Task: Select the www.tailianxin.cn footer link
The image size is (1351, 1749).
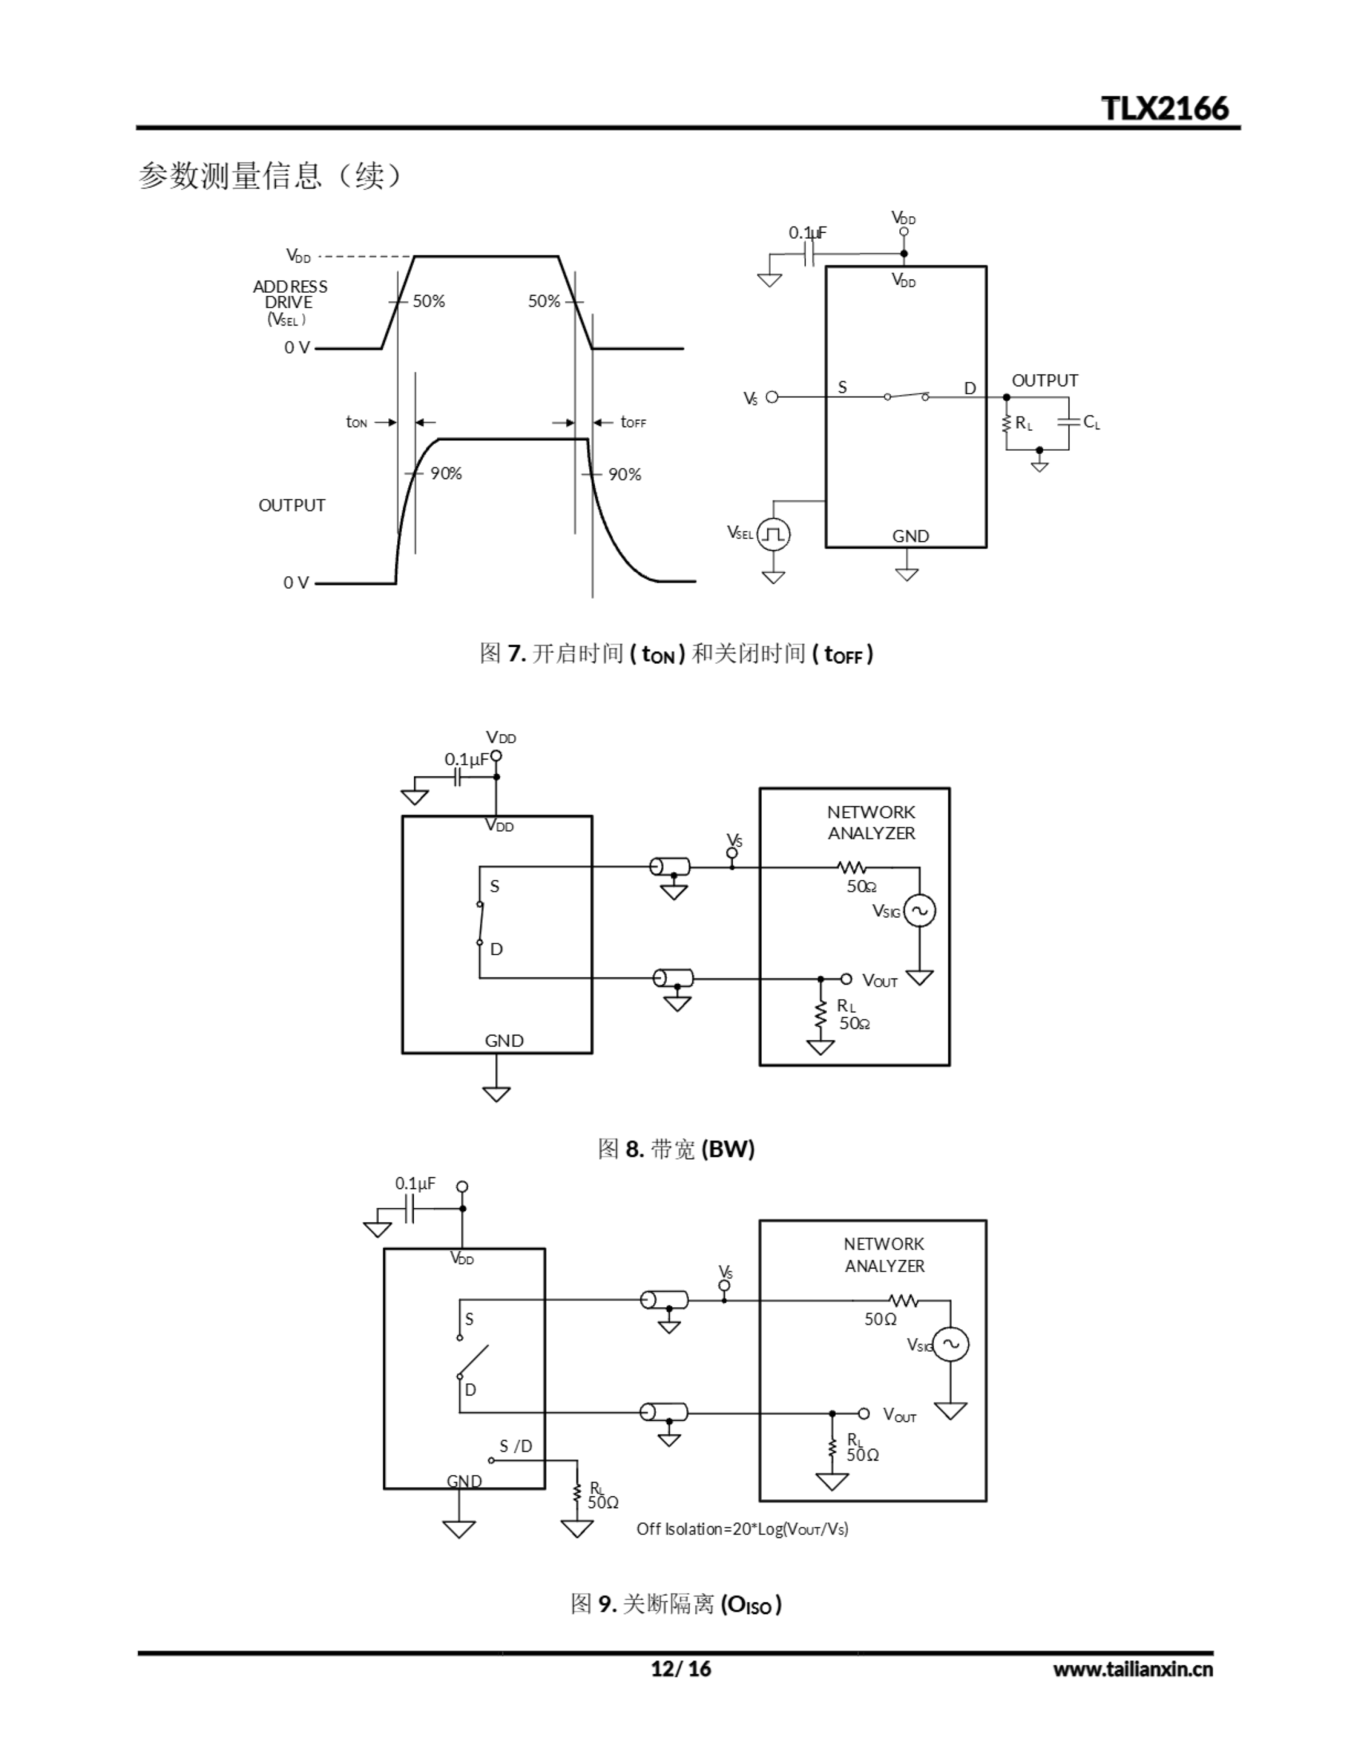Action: [1132, 1669]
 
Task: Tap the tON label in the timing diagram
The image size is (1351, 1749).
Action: [357, 422]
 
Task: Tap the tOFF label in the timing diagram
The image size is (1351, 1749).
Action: [632, 422]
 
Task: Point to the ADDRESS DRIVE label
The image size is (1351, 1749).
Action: [290, 294]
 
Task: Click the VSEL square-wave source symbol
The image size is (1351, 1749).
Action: [772, 534]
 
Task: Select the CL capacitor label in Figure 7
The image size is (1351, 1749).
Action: [1091, 422]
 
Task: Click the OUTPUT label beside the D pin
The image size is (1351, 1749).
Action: [1044, 381]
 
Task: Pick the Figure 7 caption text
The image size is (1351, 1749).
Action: [676, 653]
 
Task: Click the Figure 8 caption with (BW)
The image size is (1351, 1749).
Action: [676, 1149]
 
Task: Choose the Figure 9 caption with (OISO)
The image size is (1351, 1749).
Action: [676, 1603]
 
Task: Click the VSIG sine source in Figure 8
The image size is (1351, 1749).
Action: [919, 911]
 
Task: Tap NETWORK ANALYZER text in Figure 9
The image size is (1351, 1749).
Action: [884, 1255]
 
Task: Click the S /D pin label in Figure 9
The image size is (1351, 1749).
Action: [516, 1446]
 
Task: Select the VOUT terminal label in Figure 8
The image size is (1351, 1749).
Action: [879, 980]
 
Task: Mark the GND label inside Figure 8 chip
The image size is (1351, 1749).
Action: [503, 1041]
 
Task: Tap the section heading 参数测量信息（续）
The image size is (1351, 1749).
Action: [270, 176]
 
